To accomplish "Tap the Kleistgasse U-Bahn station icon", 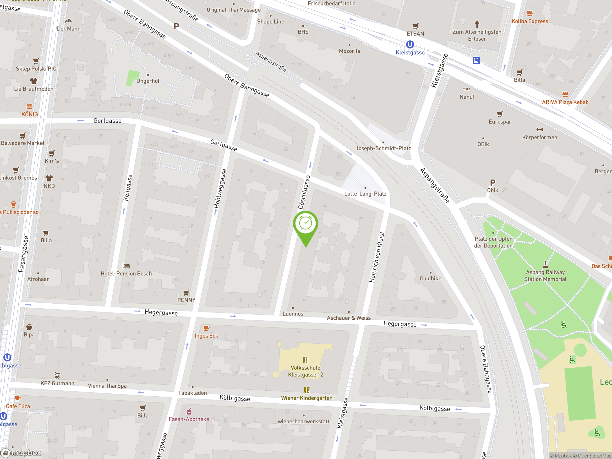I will (410, 44).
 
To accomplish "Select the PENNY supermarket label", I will (186, 300).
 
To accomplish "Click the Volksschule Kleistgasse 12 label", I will (306, 371).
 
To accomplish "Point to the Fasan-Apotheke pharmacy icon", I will (189, 411).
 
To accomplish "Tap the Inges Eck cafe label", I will (206, 336).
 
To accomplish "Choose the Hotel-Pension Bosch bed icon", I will (126, 266).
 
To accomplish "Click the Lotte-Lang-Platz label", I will (365, 194).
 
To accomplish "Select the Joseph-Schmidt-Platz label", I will (383, 148).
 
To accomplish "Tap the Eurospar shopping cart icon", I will (500, 114).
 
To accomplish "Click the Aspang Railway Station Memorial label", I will (545, 276).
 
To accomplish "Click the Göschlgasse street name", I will (304, 192).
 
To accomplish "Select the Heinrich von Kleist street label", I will (377, 257).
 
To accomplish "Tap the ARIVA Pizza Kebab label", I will (565, 102).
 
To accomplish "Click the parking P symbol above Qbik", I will (492, 183).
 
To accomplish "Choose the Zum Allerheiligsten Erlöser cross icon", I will (477, 24).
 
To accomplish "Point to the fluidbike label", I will (431, 278).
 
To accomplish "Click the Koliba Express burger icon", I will (530, 13).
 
